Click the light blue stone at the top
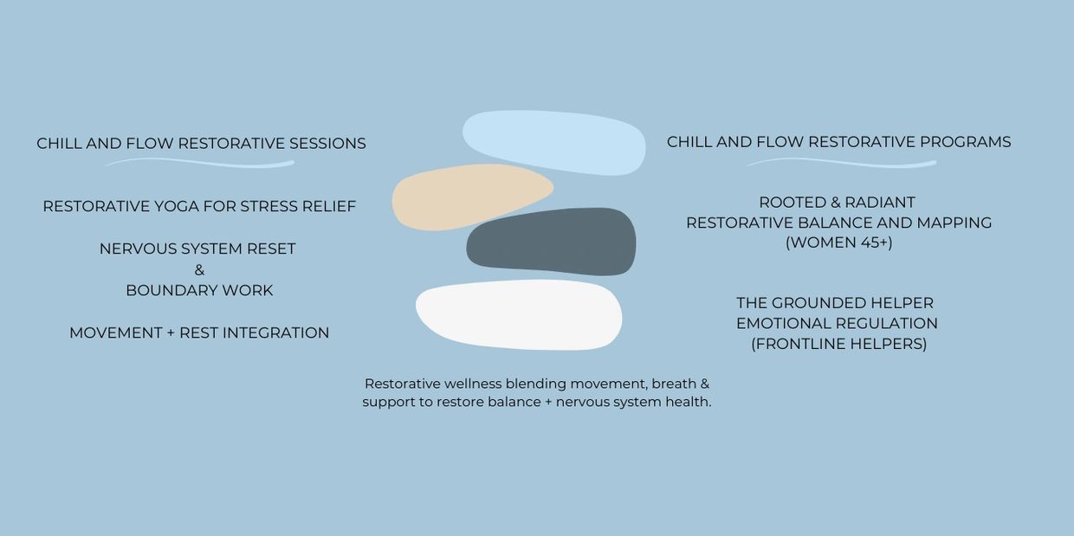553,142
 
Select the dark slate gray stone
552,242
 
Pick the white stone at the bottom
519,315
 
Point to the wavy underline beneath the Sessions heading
199,163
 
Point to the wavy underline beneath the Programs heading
842,163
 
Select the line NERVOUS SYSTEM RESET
197,249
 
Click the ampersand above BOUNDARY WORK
199,270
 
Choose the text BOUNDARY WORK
199,291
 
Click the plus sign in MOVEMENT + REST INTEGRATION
171,333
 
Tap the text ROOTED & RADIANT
838,203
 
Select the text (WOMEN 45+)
839,242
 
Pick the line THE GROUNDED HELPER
835,303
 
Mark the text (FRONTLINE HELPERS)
839,345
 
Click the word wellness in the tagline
472,384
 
